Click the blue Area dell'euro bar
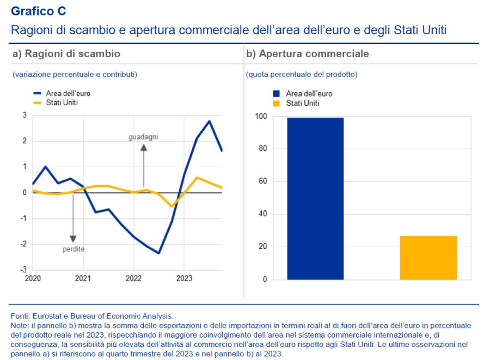[x=315, y=199]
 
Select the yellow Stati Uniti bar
[x=428, y=258]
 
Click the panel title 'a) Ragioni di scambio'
[x=66, y=54]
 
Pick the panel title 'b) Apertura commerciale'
[x=308, y=54]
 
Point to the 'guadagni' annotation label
[x=143, y=137]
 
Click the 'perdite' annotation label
[x=73, y=249]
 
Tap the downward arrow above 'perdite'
[x=73, y=218]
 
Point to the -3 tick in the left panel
[x=24, y=270]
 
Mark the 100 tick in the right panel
[x=261, y=117]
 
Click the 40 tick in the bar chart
[x=263, y=214]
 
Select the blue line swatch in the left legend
[x=38, y=93]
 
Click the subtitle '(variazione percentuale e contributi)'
[x=75, y=74]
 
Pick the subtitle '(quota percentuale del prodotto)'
[x=302, y=74]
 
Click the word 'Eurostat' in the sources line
[x=47, y=315]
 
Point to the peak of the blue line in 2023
[x=210, y=121]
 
